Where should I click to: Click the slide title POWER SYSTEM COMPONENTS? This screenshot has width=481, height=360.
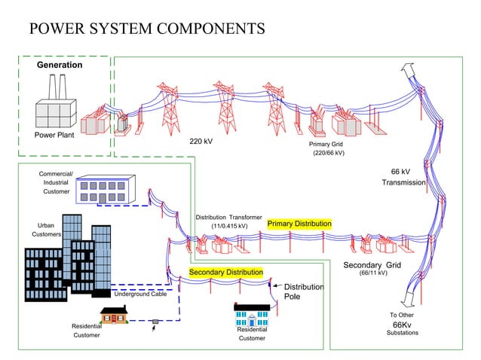point(146,29)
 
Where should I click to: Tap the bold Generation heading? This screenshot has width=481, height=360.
point(60,66)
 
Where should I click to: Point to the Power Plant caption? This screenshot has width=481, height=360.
point(54,136)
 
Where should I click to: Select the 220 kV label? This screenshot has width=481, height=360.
point(201,142)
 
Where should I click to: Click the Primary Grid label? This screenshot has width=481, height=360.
point(326,143)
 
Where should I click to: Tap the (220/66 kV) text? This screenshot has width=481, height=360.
point(328,154)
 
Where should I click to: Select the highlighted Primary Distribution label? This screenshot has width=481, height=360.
point(299,224)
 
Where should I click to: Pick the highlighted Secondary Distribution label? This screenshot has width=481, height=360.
point(225,272)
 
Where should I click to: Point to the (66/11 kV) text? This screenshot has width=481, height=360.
point(372,273)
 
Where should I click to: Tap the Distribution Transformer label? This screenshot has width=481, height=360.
point(228,218)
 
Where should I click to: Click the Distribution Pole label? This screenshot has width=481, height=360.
point(303,291)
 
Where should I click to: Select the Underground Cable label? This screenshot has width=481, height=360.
point(140,294)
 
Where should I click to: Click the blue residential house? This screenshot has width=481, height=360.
point(253,315)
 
